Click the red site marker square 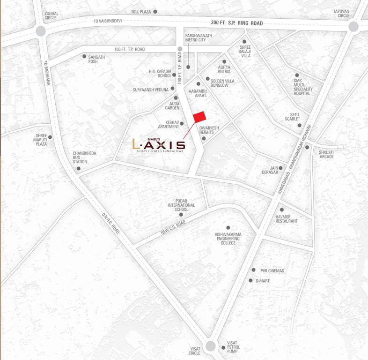point(200,117)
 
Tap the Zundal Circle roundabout point(40,31)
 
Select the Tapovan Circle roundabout point(354,27)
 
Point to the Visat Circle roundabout point(211,346)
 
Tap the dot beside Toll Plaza point(155,11)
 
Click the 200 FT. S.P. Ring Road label point(236,23)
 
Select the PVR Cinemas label point(272,270)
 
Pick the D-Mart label point(262,281)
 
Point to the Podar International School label point(181,205)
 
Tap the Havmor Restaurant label point(287,218)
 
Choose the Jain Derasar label point(270,170)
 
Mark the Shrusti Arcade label point(326,154)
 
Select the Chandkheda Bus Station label point(80,157)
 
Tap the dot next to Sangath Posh point(84,56)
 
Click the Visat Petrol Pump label point(233,347)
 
